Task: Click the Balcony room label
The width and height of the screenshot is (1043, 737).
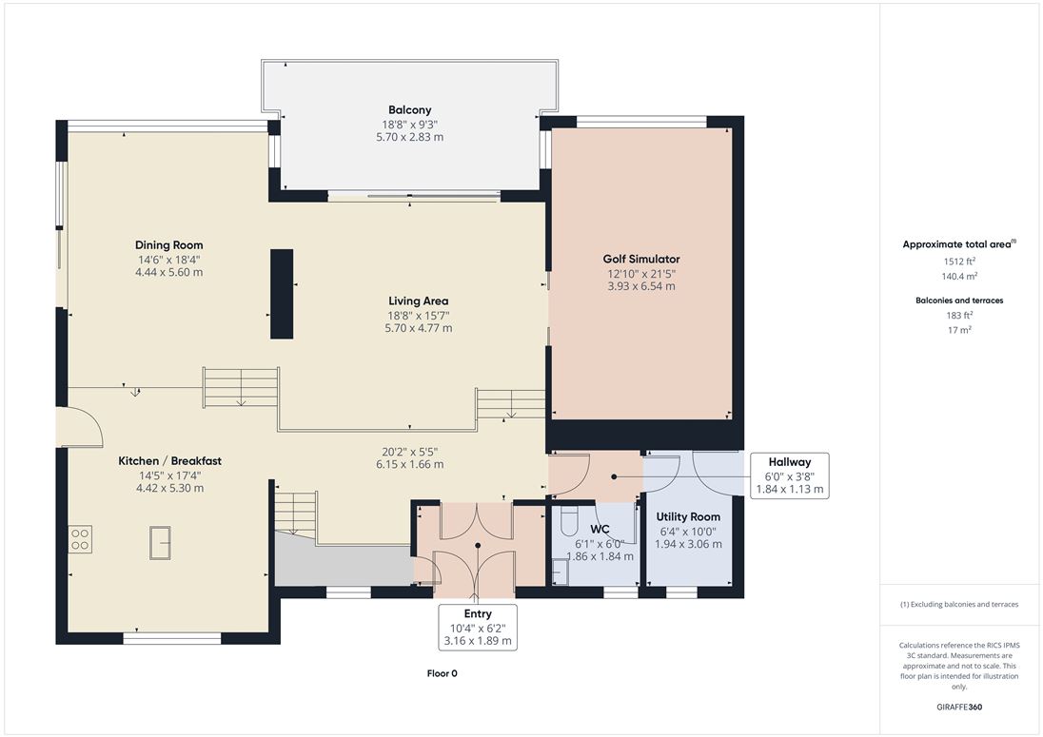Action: coord(410,109)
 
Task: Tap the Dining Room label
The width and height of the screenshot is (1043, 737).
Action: coord(169,245)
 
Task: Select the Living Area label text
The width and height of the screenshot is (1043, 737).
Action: coord(419,301)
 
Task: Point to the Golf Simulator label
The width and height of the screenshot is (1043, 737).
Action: coord(641,260)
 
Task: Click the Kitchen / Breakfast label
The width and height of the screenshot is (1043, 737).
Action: coord(169,460)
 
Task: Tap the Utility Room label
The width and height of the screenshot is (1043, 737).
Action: coord(688,516)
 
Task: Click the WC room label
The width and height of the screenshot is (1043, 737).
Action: coord(600,530)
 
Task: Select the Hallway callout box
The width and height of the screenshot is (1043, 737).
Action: coord(790,475)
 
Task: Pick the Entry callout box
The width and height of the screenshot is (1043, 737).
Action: coord(478,627)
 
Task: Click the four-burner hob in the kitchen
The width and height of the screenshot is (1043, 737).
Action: coord(80,539)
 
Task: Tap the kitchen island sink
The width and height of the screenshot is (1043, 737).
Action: coord(160,543)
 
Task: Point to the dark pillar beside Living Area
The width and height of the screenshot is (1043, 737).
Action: coord(282,294)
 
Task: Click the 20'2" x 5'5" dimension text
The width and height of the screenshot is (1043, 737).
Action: coord(410,452)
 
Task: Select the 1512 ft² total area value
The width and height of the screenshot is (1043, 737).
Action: coord(959,262)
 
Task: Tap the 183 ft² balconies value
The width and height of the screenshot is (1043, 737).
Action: coord(959,316)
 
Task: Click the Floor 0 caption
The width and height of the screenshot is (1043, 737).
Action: coord(442,673)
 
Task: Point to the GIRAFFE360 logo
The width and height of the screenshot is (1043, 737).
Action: coord(959,708)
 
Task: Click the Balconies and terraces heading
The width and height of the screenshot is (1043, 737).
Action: coord(959,301)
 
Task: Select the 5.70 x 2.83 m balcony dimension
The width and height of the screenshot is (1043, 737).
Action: coord(410,137)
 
